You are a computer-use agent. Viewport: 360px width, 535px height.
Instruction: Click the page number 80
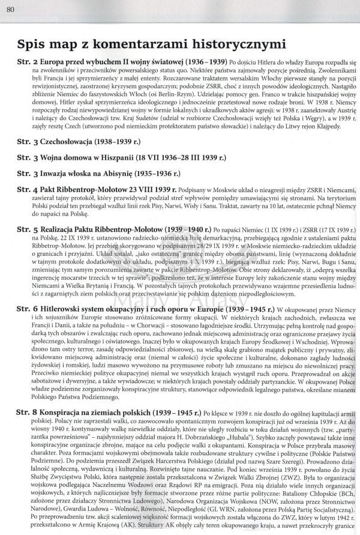(10, 7)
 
